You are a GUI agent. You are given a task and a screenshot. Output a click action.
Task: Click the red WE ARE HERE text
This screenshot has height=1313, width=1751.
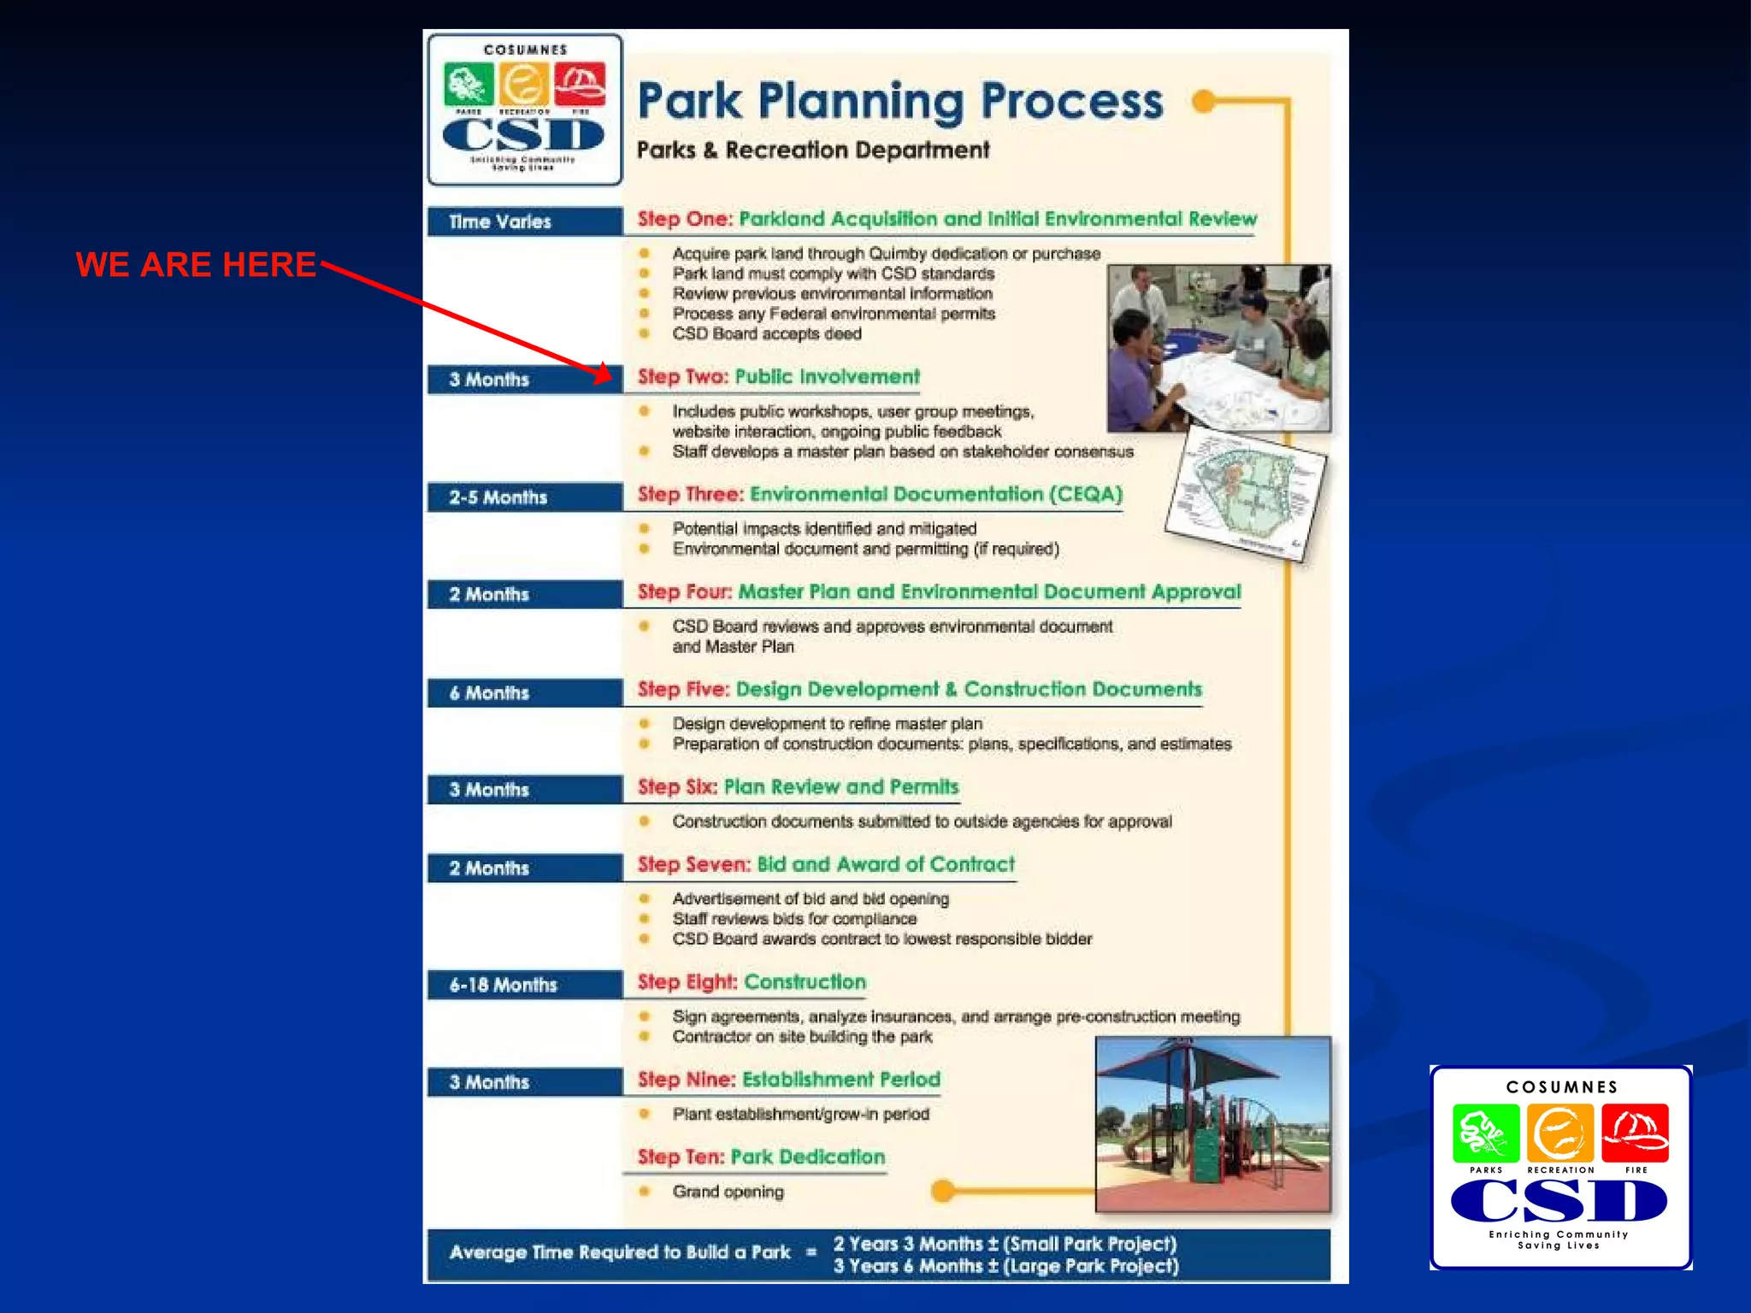click(x=196, y=265)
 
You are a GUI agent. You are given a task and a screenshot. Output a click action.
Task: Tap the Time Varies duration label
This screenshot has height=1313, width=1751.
click(x=500, y=222)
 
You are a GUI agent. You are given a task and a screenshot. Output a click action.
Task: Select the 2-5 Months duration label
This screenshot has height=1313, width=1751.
click(x=498, y=498)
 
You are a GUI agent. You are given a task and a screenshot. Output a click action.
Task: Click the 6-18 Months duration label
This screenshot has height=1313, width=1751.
click(x=503, y=985)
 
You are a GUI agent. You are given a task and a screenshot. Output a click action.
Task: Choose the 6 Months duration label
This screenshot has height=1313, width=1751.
click(x=490, y=693)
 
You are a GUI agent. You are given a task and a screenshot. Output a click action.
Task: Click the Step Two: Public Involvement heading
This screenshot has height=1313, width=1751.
click(x=778, y=377)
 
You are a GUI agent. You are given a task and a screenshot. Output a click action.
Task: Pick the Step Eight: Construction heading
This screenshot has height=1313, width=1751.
click(x=752, y=982)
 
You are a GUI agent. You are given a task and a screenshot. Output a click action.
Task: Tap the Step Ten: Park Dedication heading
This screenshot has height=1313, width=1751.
click(x=761, y=1157)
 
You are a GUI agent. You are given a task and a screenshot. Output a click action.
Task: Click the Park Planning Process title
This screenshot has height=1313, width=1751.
click(x=899, y=102)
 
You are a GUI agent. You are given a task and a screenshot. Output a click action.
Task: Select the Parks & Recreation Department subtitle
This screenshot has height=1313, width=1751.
click(x=812, y=150)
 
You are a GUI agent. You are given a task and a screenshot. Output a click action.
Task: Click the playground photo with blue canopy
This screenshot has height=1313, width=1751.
click(x=1212, y=1124)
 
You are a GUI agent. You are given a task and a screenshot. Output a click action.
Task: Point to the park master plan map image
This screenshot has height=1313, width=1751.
click(x=1246, y=495)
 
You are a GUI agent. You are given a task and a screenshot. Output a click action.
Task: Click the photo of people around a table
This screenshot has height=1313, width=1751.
click(x=1218, y=347)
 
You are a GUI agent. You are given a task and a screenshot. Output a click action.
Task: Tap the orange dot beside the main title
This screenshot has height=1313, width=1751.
click(x=1204, y=102)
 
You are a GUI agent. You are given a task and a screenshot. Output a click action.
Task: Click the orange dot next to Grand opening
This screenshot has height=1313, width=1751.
click(x=943, y=1191)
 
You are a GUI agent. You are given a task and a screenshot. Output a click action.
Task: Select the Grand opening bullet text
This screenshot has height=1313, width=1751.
click(x=728, y=1192)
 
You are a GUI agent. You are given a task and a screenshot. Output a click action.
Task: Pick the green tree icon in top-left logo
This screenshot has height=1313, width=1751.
click(x=468, y=85)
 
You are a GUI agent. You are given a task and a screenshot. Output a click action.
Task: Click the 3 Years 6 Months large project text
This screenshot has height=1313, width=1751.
click(x=1005, y=1266)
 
